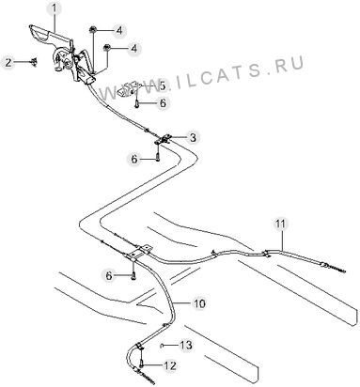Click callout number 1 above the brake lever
pyautogui.click(x=55, y=8)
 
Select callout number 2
pyautogui.click(x=8, y=62)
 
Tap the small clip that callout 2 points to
pyautogui.click(x=34, y=62)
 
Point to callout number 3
pyautogui.click(x=193, y=137)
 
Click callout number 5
pyautogui.click(x=162, y=85)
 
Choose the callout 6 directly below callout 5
pyautogui.click(x=163, y=102)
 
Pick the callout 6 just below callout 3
pyautogui.click(x=134, y=160)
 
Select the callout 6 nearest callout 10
pyautogui.click(x=109, y=275)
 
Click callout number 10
pyautogui.click(x=199, y=303)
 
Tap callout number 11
pyautogui.click(x=280, y=224)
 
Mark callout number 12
pyautogui.click(x=170, y=365)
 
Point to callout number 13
pyautogui.click(x=185, y=345)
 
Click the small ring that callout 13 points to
pyautogui.click(x=161, y=346)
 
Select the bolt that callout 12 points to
pyautogui.click(x=142, y=364)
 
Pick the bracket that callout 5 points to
pyautogui.click(x=127, y=88)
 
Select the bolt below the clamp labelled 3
pyautogui.click(x=158, y=154)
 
